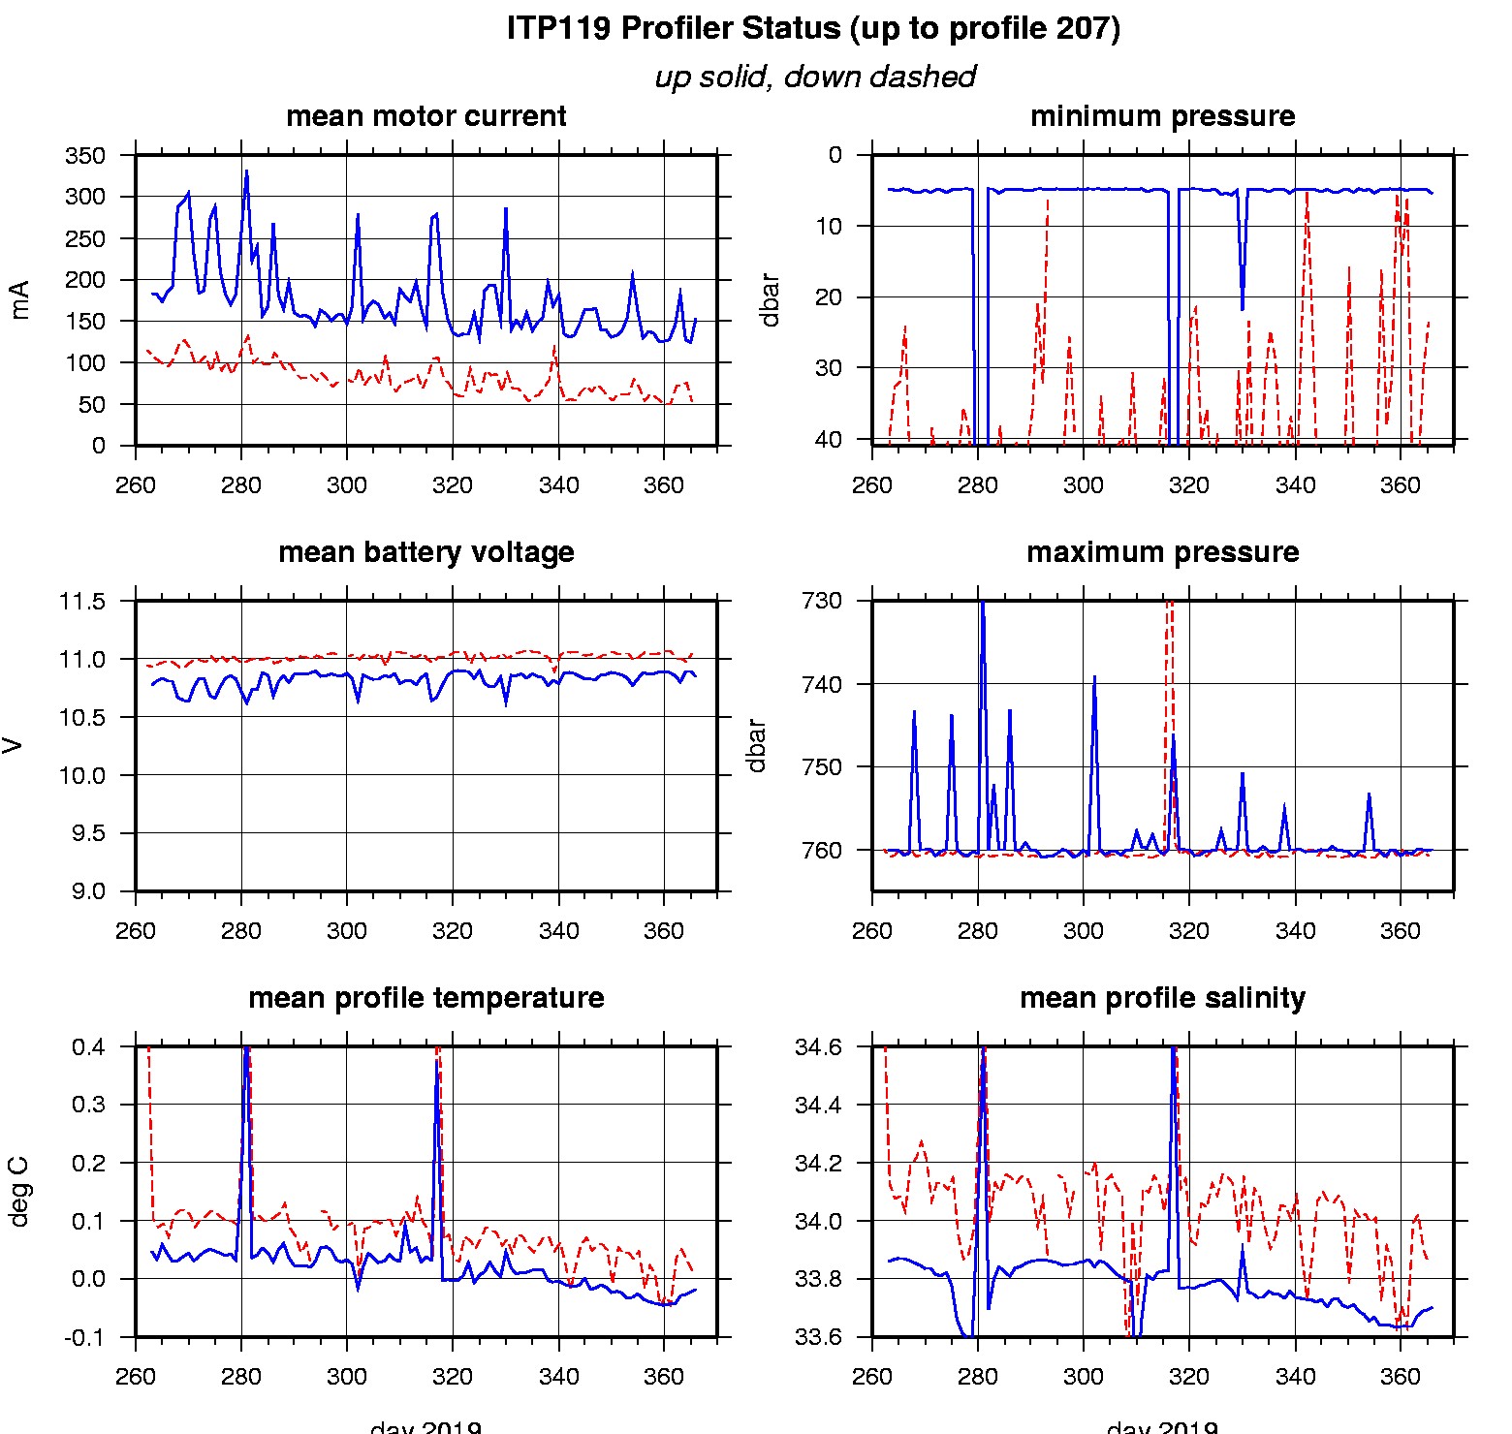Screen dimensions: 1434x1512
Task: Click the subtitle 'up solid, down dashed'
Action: point(814,77)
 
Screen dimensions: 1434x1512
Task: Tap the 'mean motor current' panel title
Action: point(425,116)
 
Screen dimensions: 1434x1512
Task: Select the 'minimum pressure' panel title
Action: point(1162,116)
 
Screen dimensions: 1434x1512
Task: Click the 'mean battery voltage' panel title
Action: point(425,552)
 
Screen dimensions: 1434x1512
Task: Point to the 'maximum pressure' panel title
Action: point(1162,552)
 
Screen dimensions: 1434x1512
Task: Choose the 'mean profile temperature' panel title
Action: point(425,998)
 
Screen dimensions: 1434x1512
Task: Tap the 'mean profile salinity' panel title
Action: point(1162,998)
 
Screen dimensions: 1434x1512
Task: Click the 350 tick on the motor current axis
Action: point(85,156)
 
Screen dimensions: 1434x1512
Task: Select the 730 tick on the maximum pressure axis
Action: point(821,601)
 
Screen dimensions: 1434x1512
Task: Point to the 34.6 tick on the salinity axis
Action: point(818,1047)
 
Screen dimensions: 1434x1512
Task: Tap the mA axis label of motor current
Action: point(18,299)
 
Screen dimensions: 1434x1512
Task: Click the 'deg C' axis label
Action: point(18,1192)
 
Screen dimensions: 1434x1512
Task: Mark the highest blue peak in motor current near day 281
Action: point(246,172)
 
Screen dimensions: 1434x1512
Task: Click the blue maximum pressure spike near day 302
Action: point(1094,678)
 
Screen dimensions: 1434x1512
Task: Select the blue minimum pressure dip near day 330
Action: point(1243,308)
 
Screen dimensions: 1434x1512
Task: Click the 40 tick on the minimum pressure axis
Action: point(829,439)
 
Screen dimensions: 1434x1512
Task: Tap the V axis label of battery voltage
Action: point(13,745)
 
